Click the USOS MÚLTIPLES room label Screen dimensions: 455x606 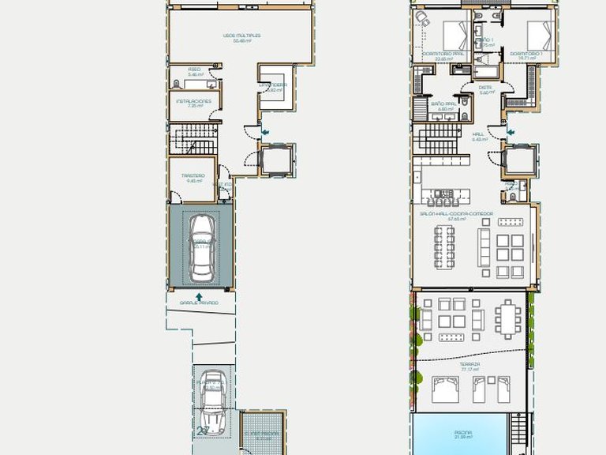pos(241,36)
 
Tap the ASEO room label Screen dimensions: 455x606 pos(194,69)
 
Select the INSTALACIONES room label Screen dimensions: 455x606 pos(193,101)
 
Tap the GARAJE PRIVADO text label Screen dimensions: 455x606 pos(198,303)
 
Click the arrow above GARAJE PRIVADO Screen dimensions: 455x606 pos(199,296)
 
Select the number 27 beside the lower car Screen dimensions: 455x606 pos(204,431)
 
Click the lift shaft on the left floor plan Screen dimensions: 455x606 pos(278,160)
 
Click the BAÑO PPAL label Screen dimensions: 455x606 pos(443,103)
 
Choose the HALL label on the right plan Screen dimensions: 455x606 pos(477,134)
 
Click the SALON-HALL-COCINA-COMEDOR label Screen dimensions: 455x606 pos(457,213)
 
